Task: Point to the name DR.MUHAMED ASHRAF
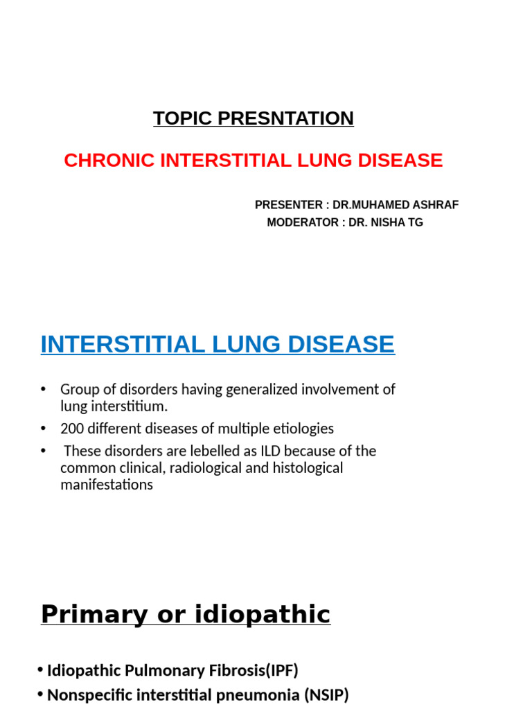click(396, 205)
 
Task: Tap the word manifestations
click(107, 485)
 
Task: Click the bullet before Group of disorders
click(44, 390)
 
